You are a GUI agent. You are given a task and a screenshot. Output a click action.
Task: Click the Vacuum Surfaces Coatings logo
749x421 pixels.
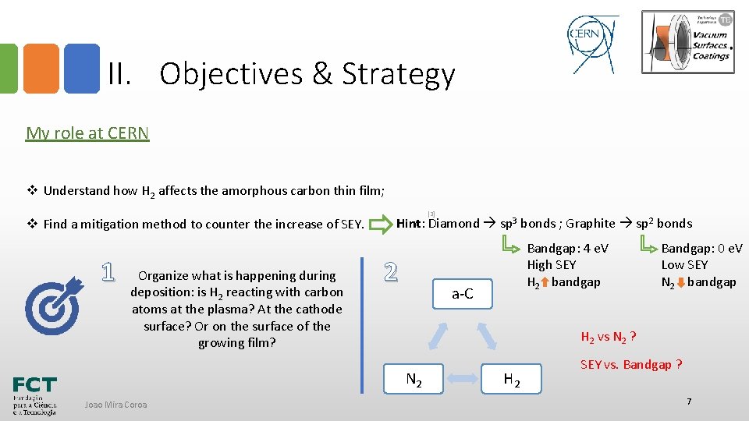pos(687,41)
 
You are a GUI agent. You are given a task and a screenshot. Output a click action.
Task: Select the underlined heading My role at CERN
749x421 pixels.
pos(87,133)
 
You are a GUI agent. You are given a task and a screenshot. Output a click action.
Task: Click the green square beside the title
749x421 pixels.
pos(8,69)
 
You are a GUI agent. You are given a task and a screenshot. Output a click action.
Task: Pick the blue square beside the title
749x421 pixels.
pos(81,69)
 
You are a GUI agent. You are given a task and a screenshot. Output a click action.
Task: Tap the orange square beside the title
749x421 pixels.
pos(41,69)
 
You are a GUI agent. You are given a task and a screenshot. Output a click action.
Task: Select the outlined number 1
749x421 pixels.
pos(109,271)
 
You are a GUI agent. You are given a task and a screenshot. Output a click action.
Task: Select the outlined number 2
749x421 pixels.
pos(391,271)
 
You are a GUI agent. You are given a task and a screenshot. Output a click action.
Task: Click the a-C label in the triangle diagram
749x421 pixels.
pos(463,294)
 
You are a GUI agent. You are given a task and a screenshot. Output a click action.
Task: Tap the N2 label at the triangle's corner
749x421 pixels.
pos(414,380)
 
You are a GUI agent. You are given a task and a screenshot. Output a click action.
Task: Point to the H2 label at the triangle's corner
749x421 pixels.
pos(513,380)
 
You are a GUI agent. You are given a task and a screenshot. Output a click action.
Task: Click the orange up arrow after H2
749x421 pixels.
pos(545,282)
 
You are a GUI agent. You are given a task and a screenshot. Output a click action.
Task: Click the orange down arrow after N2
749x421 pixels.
pos(680,282)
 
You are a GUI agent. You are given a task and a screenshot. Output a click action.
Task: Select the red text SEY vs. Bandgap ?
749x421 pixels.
pos(631,365)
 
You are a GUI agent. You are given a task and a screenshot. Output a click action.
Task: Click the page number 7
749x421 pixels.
pos(689,401)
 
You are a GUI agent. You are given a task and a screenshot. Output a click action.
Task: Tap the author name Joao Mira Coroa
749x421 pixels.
pos(116,404)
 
